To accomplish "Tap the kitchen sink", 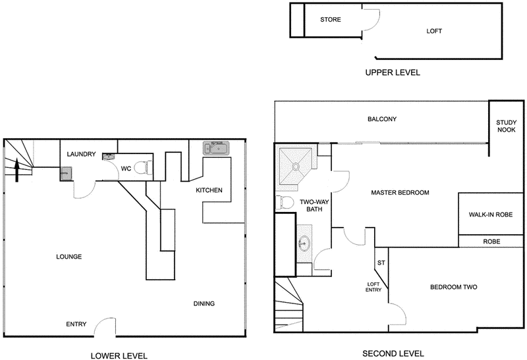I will (x=216, y=148).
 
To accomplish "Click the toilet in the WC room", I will (x=144, y=168).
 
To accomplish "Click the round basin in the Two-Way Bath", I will (x=304, y=244).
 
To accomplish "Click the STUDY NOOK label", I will (x=507, y=126).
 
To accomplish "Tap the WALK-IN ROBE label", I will (x=491, y=215).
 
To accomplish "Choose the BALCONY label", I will (x=381, y=119).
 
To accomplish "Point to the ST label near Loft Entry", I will (x=381, y=263).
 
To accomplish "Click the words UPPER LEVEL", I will (x=392, y=72).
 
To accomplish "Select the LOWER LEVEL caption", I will (x=119, y=355).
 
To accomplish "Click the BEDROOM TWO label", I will (x=453, y=287).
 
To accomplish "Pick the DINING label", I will (x=204, y=303).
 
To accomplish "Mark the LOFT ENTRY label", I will (x=374, y=287).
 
